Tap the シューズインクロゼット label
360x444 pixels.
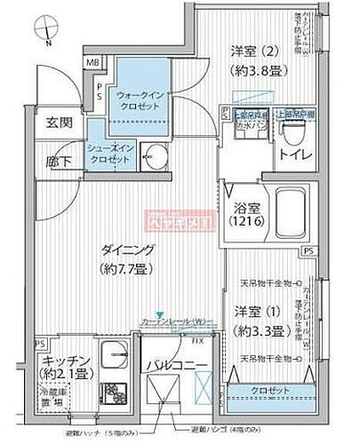110,153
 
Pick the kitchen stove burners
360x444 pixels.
115,392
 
